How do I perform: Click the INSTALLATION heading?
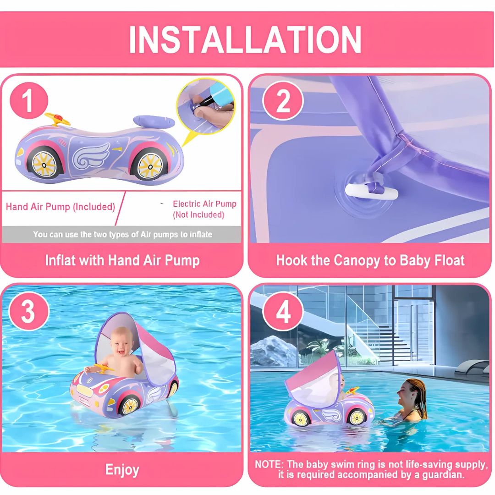[x=245, y=39]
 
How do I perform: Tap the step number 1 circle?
[x=29, y=101]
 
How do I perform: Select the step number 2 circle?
[x=283, y=101]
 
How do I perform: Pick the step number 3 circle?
[x=29, y=311]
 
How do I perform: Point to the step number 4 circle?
[x=283, y=311]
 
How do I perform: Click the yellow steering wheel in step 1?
[x=57, y=119]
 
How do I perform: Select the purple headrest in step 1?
[x=154, y=122]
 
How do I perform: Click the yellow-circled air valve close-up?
[x=206, y=106]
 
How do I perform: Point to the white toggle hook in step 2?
[x=371, y=191]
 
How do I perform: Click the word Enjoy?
[x=122, y=470]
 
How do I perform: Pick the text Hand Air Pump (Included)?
[x=60, y=207]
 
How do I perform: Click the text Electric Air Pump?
[x=204, y=204]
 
